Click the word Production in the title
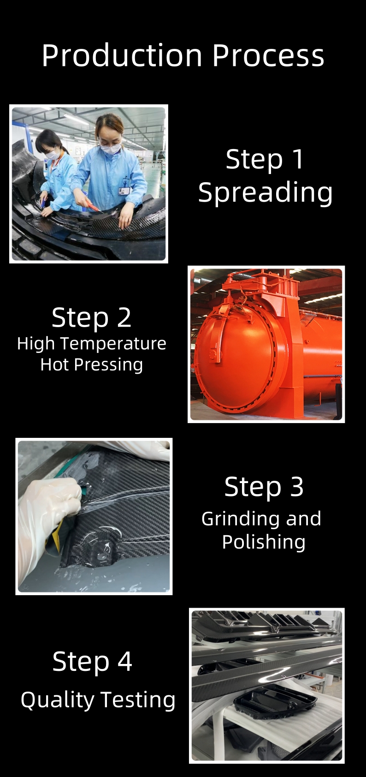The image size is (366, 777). [122, 55]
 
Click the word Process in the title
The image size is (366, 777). [268, 55]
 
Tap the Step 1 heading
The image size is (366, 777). [265, 160]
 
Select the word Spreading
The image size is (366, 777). [265, 193]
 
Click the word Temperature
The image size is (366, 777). [113, 344]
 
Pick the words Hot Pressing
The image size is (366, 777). [91, 365]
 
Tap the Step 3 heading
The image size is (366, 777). [264, 486]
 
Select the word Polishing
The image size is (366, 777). [264, 542]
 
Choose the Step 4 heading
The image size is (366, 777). [92, 662]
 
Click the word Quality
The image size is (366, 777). [58, 699]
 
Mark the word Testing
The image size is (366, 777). [138, 700]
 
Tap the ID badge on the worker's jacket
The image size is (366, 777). [124, 191]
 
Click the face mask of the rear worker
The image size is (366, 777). [53, 155]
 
